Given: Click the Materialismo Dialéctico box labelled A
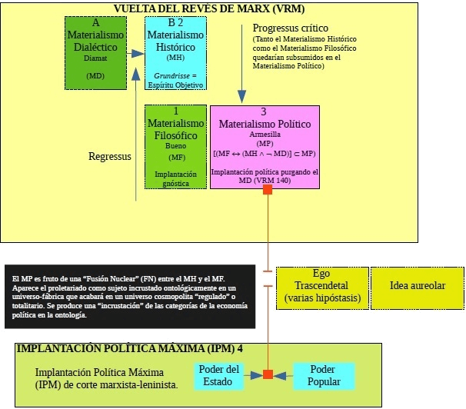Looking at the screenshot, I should (x=95, y=52).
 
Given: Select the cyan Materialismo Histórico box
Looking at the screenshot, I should (x=175, y=52).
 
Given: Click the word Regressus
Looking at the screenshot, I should (x=110, y=156).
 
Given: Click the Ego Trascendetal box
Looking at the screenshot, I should (x=321, y=285).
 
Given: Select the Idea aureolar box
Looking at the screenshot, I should (x=418, y=285).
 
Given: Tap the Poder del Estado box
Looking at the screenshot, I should (x=220, y=374).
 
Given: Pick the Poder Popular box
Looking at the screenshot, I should (x=324, y=374).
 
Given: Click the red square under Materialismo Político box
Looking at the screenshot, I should (x=268, y=190).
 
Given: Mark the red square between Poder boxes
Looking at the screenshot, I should (x=268, y=374).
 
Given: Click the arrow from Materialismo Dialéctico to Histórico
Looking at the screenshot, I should (x=137, y=53).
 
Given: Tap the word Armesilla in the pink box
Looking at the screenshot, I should (x=265, y=134).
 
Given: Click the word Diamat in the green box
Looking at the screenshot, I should (x=95, y=56).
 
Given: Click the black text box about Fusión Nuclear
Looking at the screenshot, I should (x=129, y=298).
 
